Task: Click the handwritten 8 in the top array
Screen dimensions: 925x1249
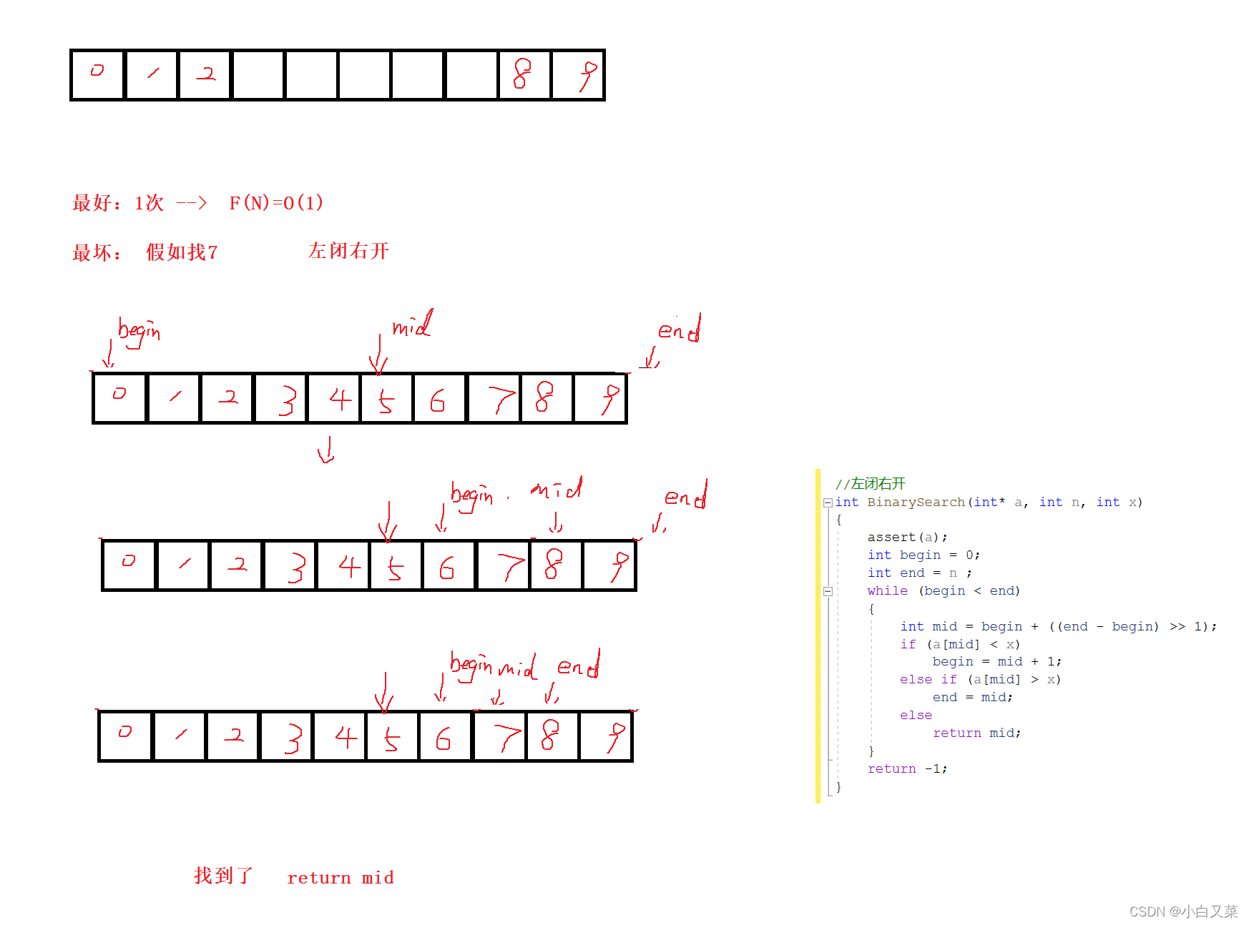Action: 523,74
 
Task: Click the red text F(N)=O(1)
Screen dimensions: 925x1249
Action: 276,203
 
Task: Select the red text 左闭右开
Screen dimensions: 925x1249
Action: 348,251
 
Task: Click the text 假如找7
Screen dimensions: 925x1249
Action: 182,252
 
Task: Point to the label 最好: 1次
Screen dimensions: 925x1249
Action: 118,203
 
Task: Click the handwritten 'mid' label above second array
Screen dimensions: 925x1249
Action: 412,325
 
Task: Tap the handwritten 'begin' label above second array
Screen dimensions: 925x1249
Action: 139,332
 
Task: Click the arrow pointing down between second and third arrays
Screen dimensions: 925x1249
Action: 327,450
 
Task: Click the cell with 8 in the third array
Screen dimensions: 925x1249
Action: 555,565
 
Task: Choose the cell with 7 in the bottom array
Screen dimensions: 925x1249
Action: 499,736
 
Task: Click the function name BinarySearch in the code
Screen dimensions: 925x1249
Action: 916,503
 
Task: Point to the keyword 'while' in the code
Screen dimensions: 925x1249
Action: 887,591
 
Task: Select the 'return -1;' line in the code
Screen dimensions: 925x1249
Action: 907,769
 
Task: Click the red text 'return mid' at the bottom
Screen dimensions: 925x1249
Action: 341,878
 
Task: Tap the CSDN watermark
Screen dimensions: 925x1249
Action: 1183,911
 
